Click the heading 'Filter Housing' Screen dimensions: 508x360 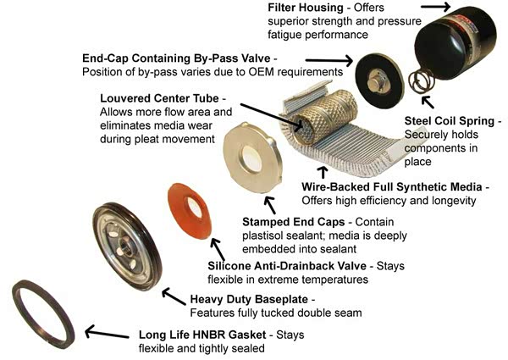click(306, 8)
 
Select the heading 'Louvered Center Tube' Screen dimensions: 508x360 click(159, 98)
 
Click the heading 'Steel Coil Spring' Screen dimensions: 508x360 click(450, 121)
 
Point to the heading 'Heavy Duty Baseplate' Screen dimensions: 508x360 click(249, 299)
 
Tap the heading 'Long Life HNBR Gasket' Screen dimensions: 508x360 click(202, 335)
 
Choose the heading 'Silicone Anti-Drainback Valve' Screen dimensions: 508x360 click(287, 266)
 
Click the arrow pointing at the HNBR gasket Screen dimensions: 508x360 click(107, 333)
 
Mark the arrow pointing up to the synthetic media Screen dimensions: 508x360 click(323, 173)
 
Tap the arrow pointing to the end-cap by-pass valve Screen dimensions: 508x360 click(329, 61)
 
